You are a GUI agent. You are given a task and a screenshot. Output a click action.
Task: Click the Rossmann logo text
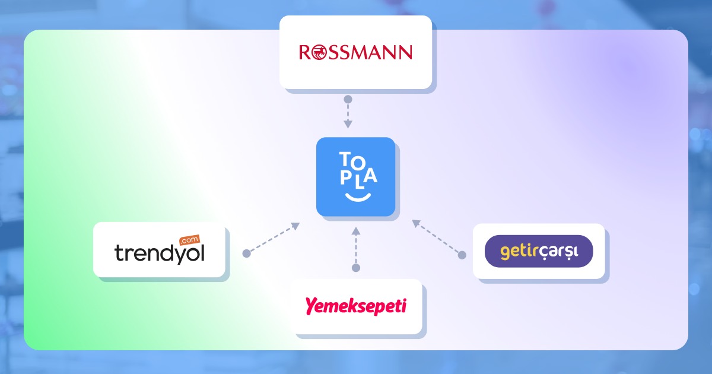[355, 53]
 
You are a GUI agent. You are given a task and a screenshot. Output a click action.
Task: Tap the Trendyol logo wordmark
[159, 253]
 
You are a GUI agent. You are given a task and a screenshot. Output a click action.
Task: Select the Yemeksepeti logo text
[356, 306]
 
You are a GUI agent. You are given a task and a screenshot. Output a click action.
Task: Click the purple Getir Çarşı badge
[539, 251]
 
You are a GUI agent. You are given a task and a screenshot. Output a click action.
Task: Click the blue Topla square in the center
[355, 176]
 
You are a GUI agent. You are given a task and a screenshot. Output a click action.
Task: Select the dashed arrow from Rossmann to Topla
[348, 114]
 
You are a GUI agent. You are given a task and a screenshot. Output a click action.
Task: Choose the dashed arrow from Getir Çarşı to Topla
[437, 237]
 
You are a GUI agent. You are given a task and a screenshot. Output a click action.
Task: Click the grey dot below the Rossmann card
[348, 99]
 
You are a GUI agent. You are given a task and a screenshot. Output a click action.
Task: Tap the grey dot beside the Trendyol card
[246, 253]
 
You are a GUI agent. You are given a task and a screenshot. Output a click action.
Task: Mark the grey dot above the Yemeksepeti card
[356, 268]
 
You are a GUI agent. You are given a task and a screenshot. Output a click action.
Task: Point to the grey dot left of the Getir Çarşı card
[462, 255]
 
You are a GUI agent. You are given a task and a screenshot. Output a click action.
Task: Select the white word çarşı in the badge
[561, 252]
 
